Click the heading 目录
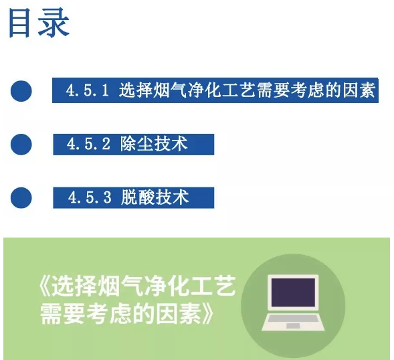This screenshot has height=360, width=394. click(39, 23)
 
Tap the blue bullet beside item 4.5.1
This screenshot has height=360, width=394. click(21, 91)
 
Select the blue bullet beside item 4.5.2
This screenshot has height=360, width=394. click(21, 145)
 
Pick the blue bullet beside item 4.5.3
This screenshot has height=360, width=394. click(21, 198)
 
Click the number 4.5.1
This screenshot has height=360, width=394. click(88, 90)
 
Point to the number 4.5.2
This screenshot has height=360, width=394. click(88, 144)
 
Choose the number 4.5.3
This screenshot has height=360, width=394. click(90, 197)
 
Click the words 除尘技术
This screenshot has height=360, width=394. click(154, 144)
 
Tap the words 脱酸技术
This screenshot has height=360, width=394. click(155, 197)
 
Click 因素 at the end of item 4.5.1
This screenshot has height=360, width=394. click(359, 90)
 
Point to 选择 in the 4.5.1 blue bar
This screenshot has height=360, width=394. click(136, 90)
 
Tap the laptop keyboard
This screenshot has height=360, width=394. click(293, 319)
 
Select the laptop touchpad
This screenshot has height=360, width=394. click(293, 326)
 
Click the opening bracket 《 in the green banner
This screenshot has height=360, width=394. click(45, 286)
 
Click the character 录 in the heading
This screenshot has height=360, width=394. click(54, 23)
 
